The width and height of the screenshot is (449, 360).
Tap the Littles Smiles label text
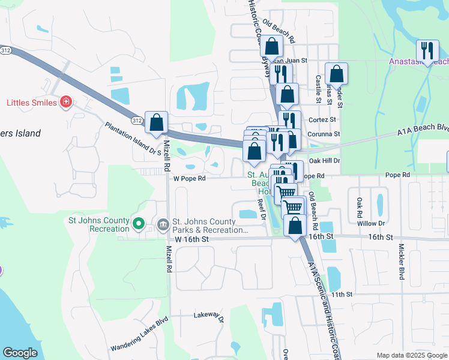pos(32,103)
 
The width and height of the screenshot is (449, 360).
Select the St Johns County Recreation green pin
pos(139,224)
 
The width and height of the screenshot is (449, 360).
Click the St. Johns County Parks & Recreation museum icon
pos(163,224)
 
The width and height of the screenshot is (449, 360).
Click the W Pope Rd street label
pos(189,178)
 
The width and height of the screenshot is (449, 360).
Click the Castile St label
pos(318,76)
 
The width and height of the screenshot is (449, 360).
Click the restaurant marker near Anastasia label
pos(427,51)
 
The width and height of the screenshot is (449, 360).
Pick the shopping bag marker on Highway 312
pos(156,122)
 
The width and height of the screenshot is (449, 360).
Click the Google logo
pos(20,353)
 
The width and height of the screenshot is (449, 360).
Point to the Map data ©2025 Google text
pos(412,355)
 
